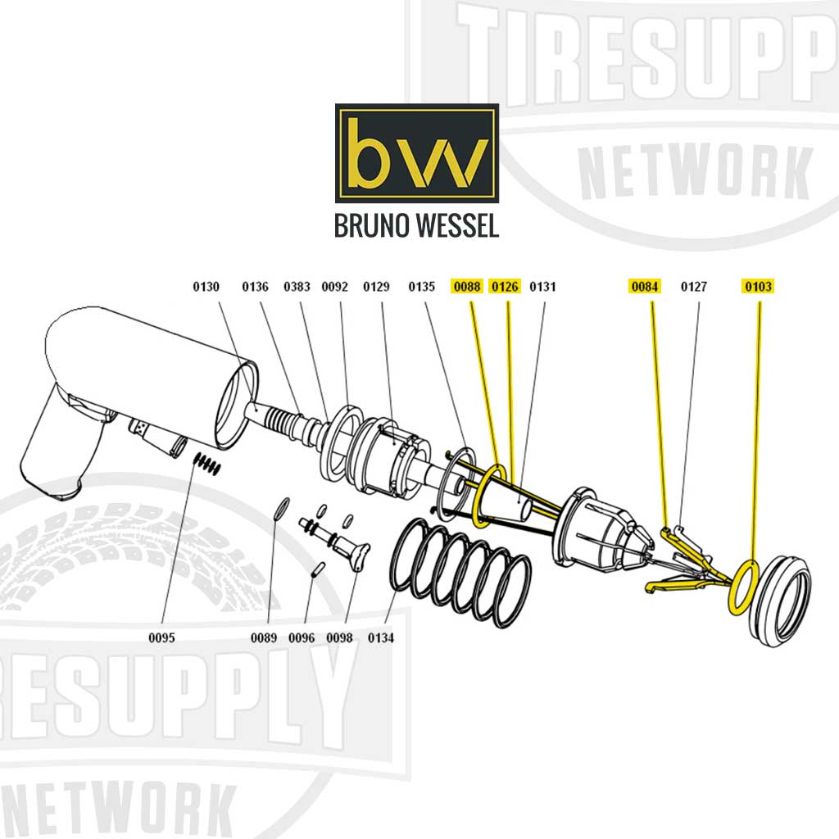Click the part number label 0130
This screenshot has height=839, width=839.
pos(206,287)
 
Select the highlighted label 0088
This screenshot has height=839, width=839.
pos(467,287)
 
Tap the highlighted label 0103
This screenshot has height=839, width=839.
pos(758,287)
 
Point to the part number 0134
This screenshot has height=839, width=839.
pos(381,637)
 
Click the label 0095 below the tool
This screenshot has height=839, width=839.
pos(161,637)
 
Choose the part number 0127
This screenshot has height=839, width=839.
pos(694,287)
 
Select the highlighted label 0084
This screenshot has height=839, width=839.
pos(644,287)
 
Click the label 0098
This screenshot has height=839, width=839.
pos(339,637)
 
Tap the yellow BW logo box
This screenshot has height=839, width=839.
pos(416,153)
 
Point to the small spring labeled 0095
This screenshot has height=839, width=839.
pos(207,465)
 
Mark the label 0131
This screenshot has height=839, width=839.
pos(542,287)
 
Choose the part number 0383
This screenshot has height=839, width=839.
pos(297,287)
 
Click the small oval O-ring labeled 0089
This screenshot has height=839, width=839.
pos(280,507)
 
